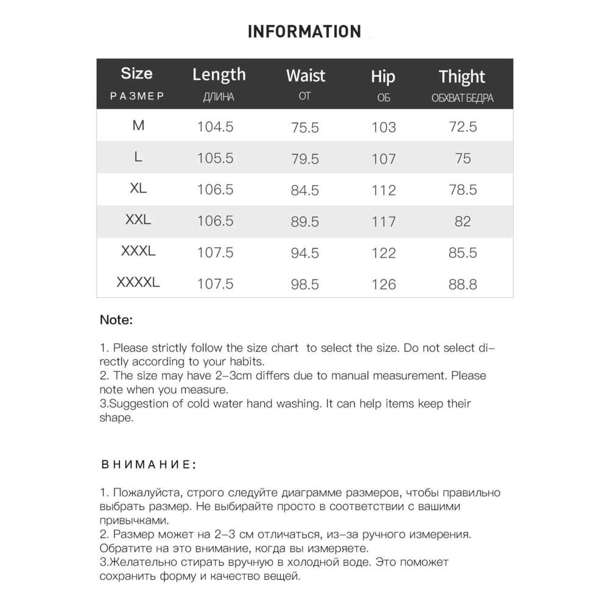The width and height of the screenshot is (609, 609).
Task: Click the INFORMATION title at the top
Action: [304, 32]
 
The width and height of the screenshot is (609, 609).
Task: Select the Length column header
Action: [219, 75]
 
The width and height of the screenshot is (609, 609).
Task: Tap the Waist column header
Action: [306, 76]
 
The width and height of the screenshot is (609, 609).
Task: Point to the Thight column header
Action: [462, 77]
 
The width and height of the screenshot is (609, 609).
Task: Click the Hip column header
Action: [383, 77]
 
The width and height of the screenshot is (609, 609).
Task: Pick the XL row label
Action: [138, 189]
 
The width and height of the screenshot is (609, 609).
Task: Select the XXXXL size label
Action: [138, 283]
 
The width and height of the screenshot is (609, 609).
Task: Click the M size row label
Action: [138, 125]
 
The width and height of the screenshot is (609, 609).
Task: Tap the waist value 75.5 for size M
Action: [306, 127]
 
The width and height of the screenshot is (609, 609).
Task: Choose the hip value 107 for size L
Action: [384, 159]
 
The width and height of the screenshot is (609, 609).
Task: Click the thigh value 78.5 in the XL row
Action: [462, 190]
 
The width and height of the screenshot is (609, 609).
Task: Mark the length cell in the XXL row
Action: [216, 220]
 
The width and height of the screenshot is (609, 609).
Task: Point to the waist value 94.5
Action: [306, 253]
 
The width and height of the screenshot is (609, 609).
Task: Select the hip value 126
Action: [384, 284]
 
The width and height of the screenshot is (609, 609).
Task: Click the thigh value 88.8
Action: [462, 284]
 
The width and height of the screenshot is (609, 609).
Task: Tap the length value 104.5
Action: [216, 127]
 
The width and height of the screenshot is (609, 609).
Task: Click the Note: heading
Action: [116, 319]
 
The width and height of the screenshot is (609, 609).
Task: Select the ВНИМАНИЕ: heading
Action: [149, 465]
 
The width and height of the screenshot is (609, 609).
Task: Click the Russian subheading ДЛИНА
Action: [218, 97]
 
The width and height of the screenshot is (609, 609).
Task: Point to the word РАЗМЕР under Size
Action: [137, 96]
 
